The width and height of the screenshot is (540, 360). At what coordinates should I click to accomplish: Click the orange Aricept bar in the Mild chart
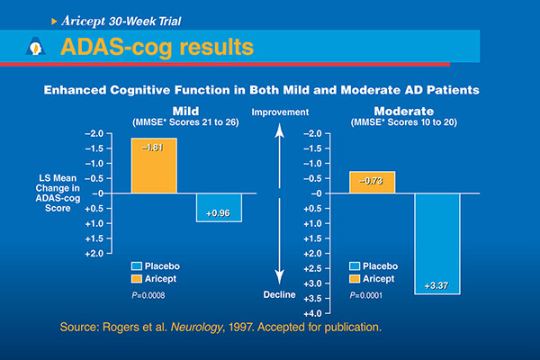tap(154, 166)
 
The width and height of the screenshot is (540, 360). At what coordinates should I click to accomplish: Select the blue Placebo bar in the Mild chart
tap(220, 207)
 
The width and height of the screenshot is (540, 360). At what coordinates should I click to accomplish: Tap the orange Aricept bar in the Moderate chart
tap(372, 183)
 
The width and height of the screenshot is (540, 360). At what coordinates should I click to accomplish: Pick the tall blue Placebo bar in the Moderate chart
tap(437, 243)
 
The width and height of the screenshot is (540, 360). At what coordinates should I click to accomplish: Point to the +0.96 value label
tap(220, 214)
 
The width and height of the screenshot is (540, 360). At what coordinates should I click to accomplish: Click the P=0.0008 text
tap(148, 293)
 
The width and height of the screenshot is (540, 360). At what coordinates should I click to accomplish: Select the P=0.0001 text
tap(366, 293)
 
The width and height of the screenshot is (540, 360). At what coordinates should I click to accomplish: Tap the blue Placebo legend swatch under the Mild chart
tap(138, 266)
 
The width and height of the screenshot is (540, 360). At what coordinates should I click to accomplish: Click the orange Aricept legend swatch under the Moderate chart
tap(355, 280)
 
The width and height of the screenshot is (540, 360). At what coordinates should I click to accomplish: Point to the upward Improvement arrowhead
tap(281, 130)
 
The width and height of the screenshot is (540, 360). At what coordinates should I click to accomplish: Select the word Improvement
tap(281, 112)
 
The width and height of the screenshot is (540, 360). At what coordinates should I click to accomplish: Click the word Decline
tap(281, 293)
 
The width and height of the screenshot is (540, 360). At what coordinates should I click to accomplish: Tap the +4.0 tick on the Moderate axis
tap(310, 312)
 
